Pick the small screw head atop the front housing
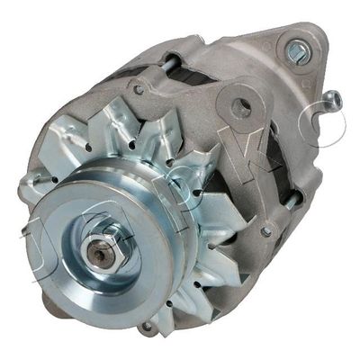coord(138,90)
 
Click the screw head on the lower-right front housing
coord(266,231)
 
